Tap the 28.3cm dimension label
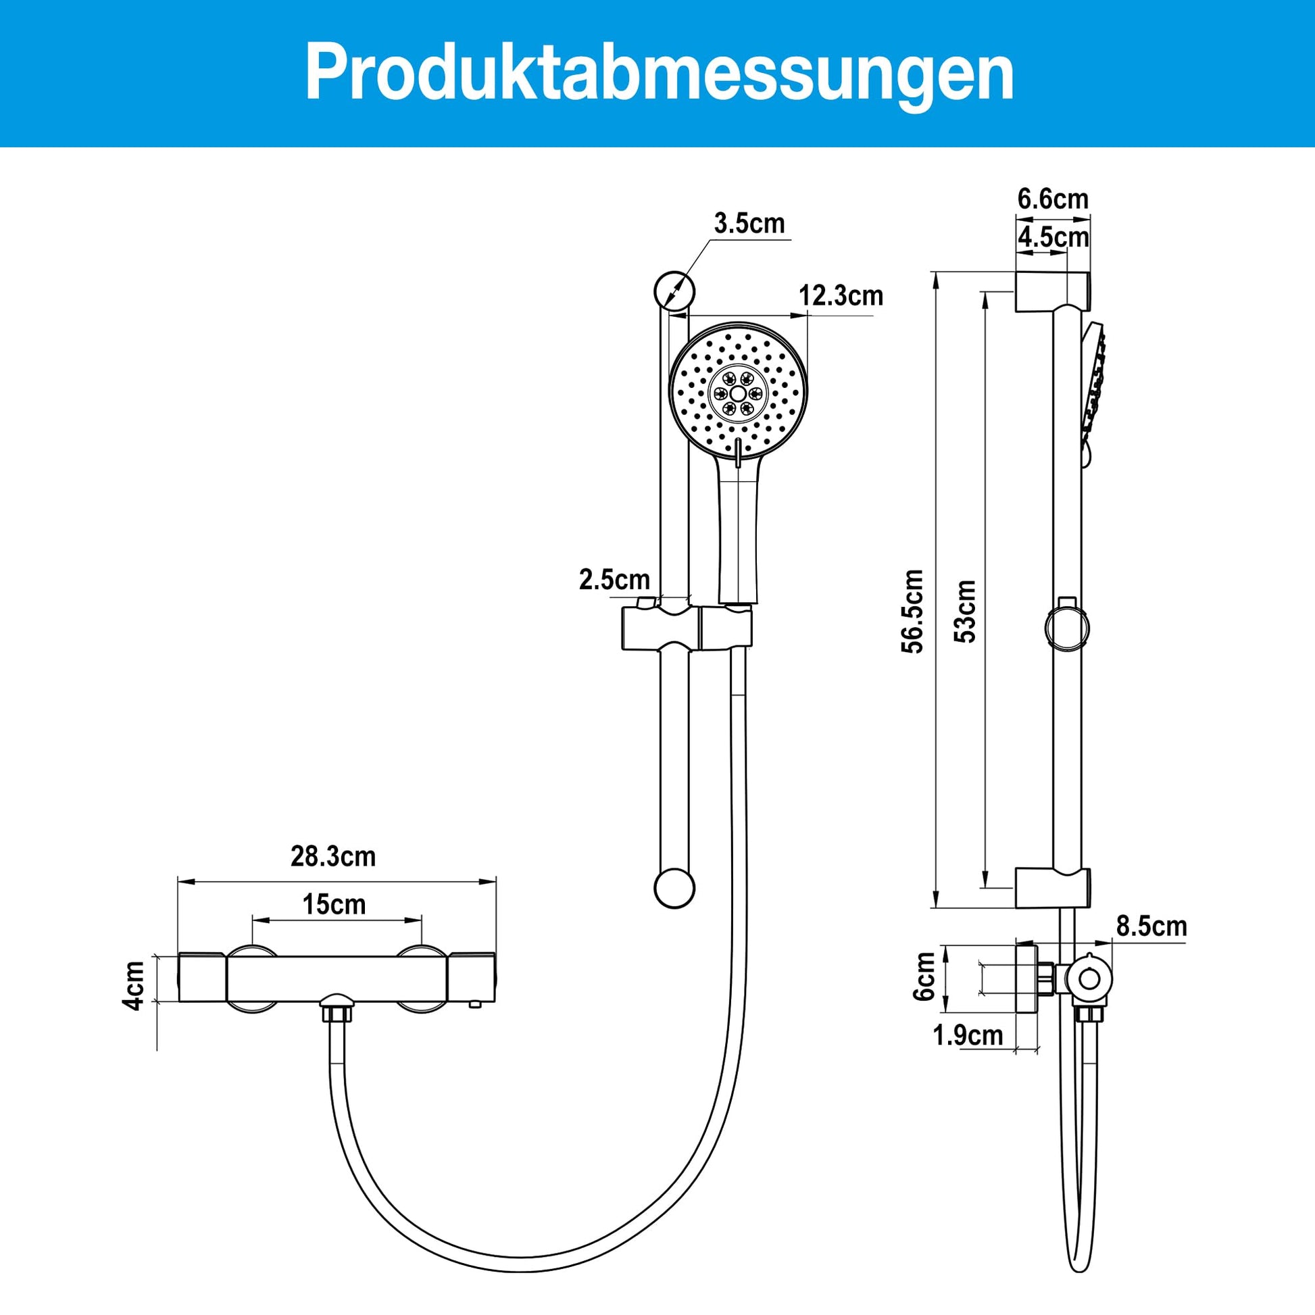pyautogui.click(x=334, y=856)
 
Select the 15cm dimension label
pyautogui.click(x=334, y=905)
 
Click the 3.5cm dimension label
pyautogui.click(x=749, y=222)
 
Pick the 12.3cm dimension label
pyautogui.click(x=841, y=295)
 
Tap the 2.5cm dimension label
pyautogui.click(x=615, y=580)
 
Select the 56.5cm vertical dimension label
pyautogui.click(x=913, y=612)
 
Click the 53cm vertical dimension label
pyautogui.click(x=964, y=611)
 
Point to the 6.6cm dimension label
pyautogui.click(x=1053, y=199)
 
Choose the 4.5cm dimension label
pyautogui.click(x=1053, y=238)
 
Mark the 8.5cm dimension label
pyautogui.click(x=1151, y=926)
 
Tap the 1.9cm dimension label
pyautogui.click(x=968, y=1035)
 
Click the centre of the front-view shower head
pyautogui.click(x=739, y=393)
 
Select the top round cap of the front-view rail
pyautogui.click(x=674, y=291)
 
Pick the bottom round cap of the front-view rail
pyautogui.click(x=674, y=887)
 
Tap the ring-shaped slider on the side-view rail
pyautogui.click(x=1066, y=627)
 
